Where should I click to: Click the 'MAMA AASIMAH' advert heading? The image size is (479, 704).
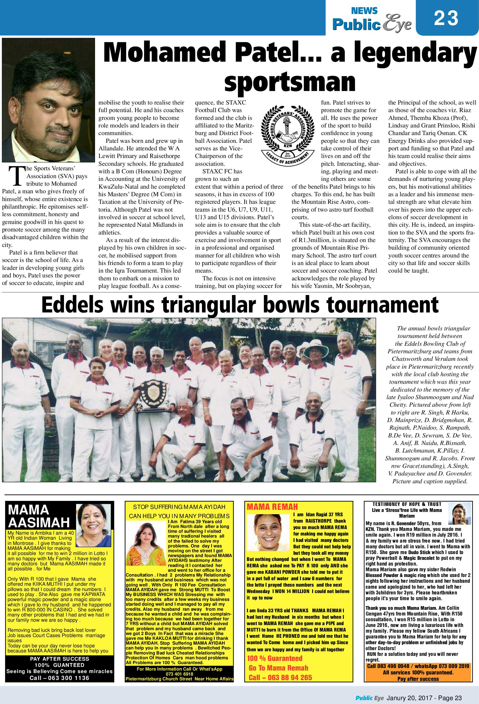point(39,516)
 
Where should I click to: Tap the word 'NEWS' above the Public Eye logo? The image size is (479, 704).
point(364,11)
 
